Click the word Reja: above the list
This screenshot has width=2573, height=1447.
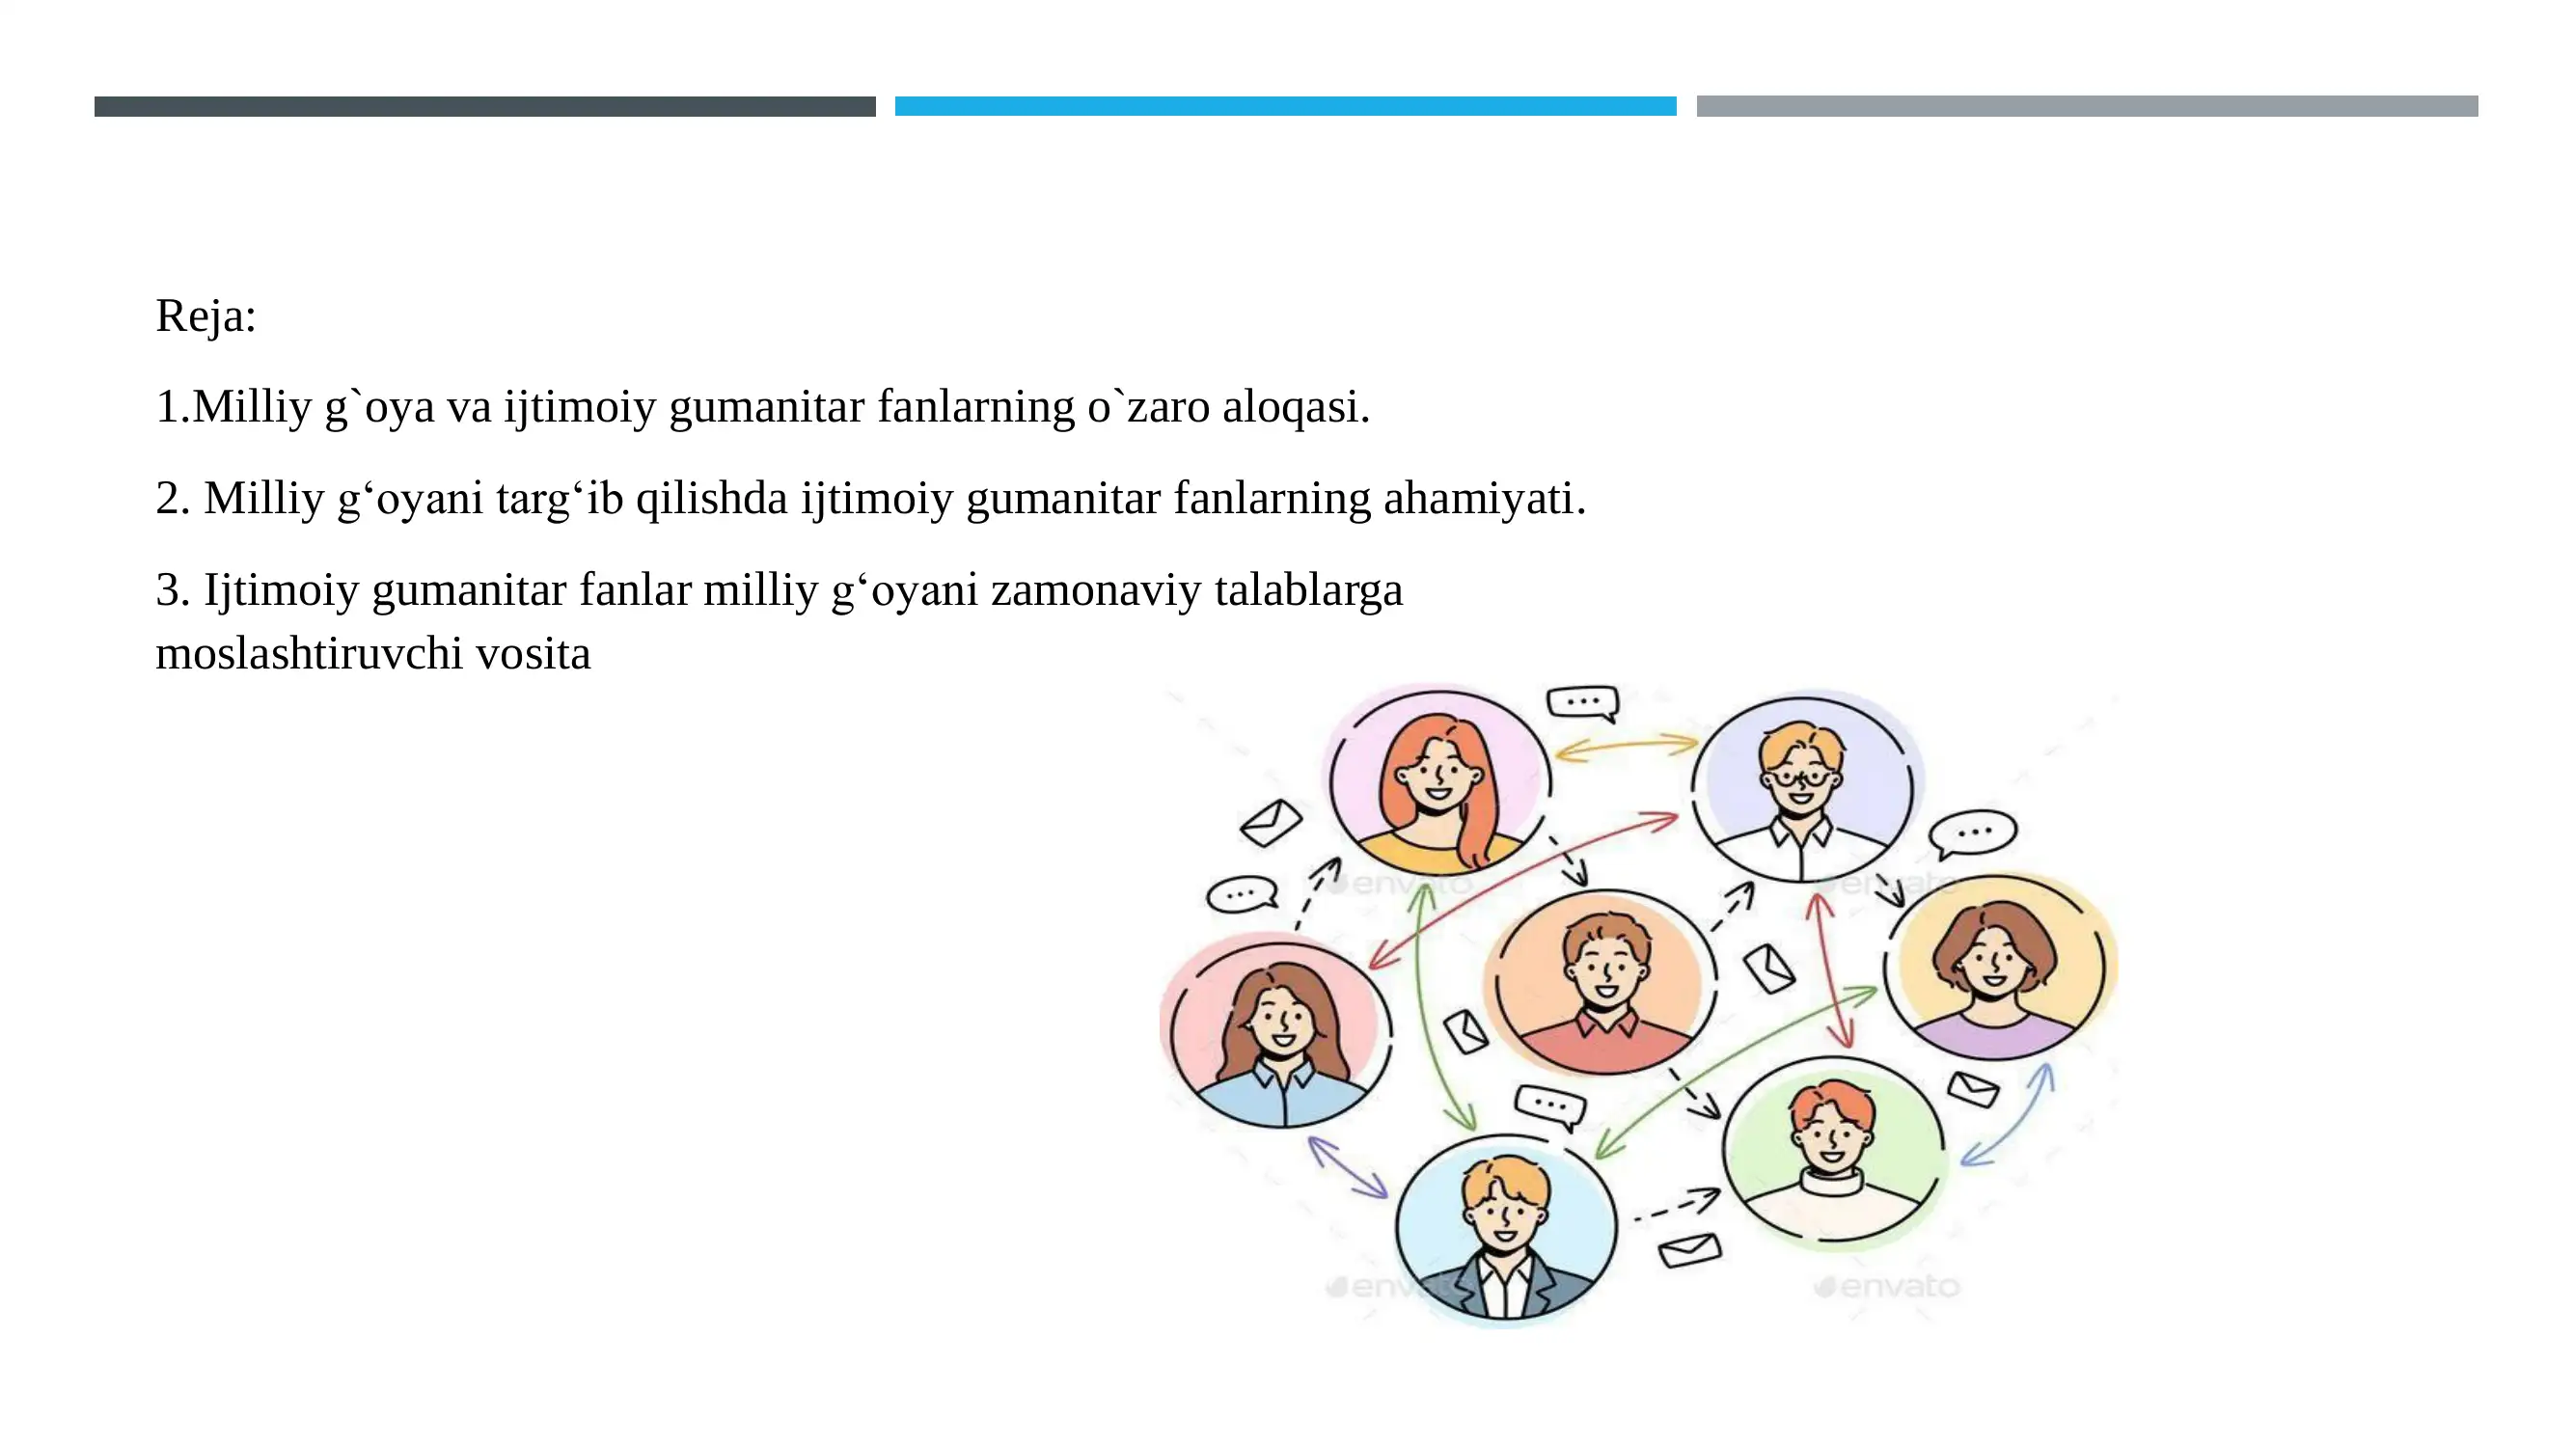(x=205, y=316)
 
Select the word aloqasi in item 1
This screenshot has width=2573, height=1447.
(x=1296, y=407)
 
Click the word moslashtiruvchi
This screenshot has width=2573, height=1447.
(x=309, y=654)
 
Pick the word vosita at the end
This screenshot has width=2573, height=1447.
(x=534, y=654)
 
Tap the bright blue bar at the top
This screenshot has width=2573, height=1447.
(x=1284, y=106)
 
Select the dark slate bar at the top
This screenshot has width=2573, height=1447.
(x=484, y=106)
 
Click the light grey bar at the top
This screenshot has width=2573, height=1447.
(x=2086, y=106)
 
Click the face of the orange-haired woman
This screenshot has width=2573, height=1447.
(x=1438, y=775)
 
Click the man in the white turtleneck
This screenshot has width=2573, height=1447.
(x=1833, y=1148)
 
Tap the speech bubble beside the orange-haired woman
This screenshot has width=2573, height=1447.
(x=1582, y=702)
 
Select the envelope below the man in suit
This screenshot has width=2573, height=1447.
(x=1689, y=1249)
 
